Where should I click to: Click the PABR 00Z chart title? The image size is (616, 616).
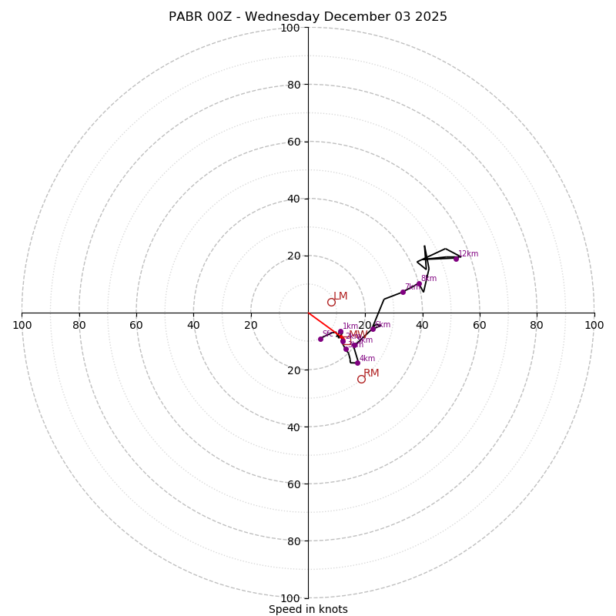tap(308, 17)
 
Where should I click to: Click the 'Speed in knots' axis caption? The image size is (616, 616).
tap(308, 609)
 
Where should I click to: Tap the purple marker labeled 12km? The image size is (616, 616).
tap(456, 259)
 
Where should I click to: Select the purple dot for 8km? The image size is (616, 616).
tap(419, 284)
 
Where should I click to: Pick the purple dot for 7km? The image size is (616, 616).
tap(403, 292)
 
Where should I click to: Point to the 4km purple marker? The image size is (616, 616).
tap(357, 363)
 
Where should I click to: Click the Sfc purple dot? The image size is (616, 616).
tap(321, 339)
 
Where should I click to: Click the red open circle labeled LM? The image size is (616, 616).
tap(331, 302)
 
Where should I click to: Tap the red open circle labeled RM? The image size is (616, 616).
tap(361, 379)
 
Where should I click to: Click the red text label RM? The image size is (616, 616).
tap(371, 373)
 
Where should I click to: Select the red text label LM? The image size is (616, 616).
tap(340, 296)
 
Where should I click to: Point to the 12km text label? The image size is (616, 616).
tap(468, 254)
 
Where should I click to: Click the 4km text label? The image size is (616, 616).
tap(367, 359)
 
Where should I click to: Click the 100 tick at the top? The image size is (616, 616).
tap(290, 28)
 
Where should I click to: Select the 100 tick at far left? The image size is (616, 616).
tap(22, 325)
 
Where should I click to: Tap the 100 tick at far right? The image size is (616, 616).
tap(594, 325)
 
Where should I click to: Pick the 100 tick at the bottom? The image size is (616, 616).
tap(290, 598)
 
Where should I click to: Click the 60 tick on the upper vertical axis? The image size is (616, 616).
tap(293, 142)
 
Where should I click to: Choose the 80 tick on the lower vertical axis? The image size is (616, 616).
tap(293, 541)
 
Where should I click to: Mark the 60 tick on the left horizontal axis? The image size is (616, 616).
tap(136, 325)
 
